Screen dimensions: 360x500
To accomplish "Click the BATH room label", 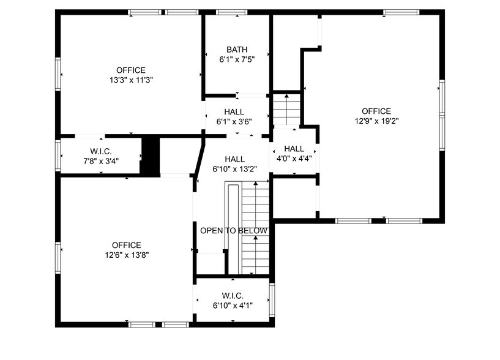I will [237, 50].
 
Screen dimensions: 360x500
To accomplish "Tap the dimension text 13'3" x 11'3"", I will [131, 80].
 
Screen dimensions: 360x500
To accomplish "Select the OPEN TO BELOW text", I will [234, 230].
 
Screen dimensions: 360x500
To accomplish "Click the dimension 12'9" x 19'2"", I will [376, 121].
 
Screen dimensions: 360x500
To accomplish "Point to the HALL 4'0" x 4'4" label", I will [294, 153].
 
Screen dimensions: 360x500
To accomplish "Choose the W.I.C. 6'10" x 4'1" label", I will [233, 300].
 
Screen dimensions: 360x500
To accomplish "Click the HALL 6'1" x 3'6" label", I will [234, 117].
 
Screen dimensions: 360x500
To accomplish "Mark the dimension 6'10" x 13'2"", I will [234, 169].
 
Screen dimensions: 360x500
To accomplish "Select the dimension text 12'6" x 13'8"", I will [127, 255].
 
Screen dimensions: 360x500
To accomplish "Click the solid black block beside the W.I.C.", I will [150, 156].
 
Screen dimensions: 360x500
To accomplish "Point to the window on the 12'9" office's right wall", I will [441, 107].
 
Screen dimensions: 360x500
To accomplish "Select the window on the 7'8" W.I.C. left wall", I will [58, 154].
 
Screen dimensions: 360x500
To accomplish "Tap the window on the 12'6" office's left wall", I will [58, 257].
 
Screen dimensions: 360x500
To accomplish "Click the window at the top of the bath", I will [228, 12].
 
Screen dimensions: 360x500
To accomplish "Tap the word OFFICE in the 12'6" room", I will [127, 245].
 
